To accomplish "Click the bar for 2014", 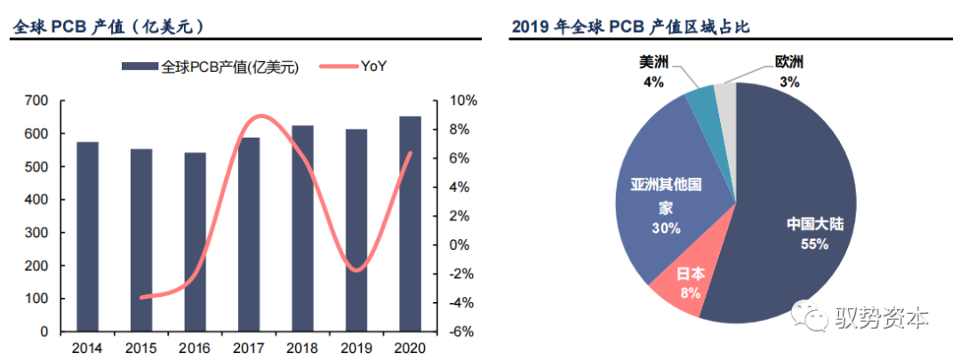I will (x=87, y=236).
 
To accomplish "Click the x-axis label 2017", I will (x=249, y=348).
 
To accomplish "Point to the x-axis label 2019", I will (x=356, y=348).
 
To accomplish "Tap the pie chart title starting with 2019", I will (x=631, y=27).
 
